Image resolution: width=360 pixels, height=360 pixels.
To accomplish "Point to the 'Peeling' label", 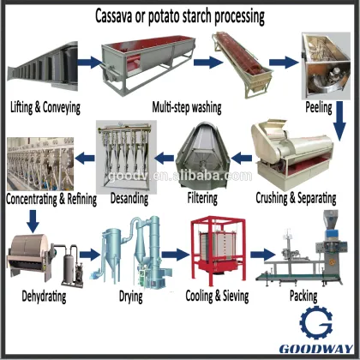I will [x=319, y=109].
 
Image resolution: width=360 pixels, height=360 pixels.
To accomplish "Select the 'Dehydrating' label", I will [x=40, y=297].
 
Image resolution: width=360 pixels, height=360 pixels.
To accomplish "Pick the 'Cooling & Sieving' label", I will [x=217, y=297].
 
